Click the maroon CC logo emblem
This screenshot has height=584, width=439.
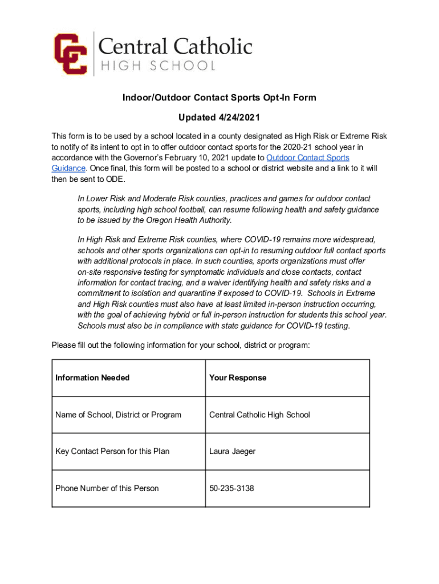click(x=70, y=54)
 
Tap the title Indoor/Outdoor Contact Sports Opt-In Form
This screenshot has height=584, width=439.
click(x=219, y=98)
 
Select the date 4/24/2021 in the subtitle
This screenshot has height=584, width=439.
click(x=239, y=118)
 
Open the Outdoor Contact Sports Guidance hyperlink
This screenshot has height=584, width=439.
click(x=308, y=157)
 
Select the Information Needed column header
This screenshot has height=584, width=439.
click(x=92, y=378)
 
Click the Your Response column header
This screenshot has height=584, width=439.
click(x=238, y=378)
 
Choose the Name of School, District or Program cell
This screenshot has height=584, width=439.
click(x=118, y=415)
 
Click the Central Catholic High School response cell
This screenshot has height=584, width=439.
click(x=259, y=415)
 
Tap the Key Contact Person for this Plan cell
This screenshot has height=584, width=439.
click(x=112, y=451)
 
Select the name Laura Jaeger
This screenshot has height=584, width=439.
click(x=232, y=451)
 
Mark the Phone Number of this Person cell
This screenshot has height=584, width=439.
click(x=107, y=488)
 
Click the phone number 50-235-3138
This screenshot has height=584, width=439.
click(x=231, y=488)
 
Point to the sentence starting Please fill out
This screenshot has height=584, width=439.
click(x=181, y=345)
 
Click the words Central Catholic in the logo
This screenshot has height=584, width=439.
click(x=176, y=46)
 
